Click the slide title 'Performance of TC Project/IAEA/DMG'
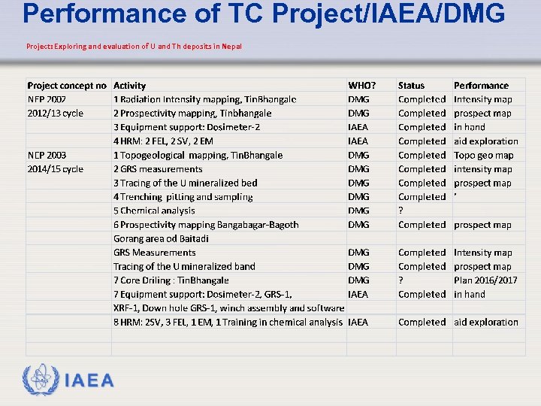click(264, 14)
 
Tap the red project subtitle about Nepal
click(134, 47)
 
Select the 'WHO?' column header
click(362, 86)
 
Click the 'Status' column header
click(411, 86)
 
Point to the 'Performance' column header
click(481, 86)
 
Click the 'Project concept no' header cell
click(67, 86)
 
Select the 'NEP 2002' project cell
click(47, 99)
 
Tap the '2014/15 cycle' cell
click(55, 169)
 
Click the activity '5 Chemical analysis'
click(154, 211)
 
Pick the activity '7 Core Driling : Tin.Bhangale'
click(171, 280)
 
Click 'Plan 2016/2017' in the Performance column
click(485, 280)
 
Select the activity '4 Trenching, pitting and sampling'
click(183, 197)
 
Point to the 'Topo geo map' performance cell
click(483, 155)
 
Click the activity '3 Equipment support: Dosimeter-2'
click(187, 127)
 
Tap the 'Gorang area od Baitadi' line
click(161, 238)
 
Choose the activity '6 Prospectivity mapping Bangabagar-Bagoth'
click(206, 225)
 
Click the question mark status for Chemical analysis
click(400, 211)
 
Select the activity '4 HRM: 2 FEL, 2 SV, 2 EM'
click(163, 141)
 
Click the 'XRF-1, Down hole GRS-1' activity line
click(229, 308)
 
